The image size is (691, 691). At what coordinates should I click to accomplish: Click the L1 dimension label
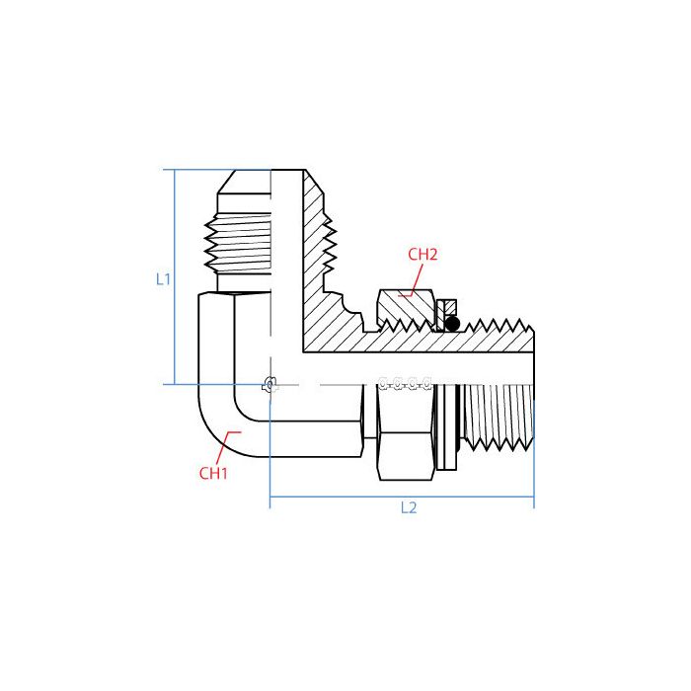click(164, 279)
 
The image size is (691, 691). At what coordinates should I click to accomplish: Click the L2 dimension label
click(409, 508)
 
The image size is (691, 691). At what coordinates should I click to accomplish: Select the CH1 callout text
click(213, 473)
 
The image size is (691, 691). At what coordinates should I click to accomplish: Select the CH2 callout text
click(422, 254)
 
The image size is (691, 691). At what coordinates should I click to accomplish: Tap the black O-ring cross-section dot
click(452, 324)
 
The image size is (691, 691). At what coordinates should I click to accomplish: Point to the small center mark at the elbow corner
click(269, 385)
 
